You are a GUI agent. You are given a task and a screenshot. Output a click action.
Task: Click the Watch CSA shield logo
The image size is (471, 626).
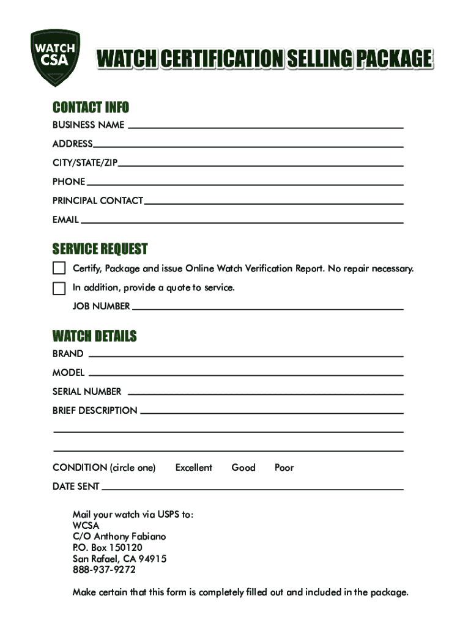click(x=55, y=57)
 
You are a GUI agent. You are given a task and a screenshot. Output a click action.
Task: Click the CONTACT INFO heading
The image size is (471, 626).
click(x=91, y=108)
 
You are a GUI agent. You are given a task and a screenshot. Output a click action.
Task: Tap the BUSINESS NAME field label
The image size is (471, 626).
click(x=88, y=125)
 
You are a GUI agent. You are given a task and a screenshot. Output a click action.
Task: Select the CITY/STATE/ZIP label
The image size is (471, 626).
click(x=85, y=163)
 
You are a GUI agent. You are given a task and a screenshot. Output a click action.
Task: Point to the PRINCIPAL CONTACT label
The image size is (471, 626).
click(x=98, y=201)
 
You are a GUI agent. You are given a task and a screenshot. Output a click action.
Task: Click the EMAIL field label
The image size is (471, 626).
click(x=65, y=219)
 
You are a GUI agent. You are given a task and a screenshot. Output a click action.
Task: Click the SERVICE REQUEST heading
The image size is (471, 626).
click(x=100, y=249)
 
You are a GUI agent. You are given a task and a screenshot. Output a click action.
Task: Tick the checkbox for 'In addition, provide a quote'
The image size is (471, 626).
click(x=59, y=288)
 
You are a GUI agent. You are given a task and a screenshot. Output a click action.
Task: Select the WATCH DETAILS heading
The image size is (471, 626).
click(x=94, y=336)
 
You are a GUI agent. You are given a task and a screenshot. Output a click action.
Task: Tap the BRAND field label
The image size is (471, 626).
click(x=68, y=353)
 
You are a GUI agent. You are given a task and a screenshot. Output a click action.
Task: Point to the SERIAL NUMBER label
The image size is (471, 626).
click(x=87, y=391)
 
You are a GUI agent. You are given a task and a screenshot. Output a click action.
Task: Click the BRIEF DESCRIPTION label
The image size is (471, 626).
click(x=95, y=410)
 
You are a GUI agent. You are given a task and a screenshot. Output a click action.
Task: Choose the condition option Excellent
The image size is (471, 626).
click(x=193, y=468)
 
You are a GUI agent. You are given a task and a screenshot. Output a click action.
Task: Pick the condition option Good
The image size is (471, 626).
click(x=243, y=468)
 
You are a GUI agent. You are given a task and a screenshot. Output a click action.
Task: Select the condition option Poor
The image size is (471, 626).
click(x=284, y=468)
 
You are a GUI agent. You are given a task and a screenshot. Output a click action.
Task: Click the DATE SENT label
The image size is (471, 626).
click(x=76, y=487)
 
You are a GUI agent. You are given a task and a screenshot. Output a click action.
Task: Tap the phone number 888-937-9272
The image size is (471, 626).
click(x=104, y=570)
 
